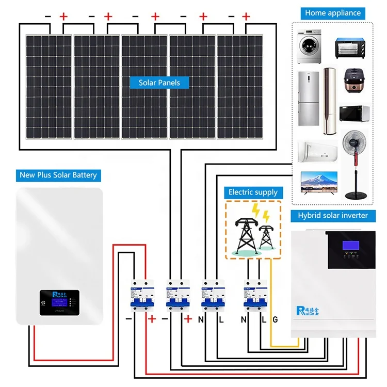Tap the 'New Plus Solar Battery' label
(x=58, y=175)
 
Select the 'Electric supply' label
(x=253, y=192)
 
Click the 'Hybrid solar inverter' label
(x=333, y=215)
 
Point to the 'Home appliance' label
(x=333, y=13)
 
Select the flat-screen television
(x=319, y=184)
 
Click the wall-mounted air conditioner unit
(x=317, y=150)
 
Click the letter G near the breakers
(x=275, y=320)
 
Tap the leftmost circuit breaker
(x=136, y=295)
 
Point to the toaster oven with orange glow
(x=352, y=48)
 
